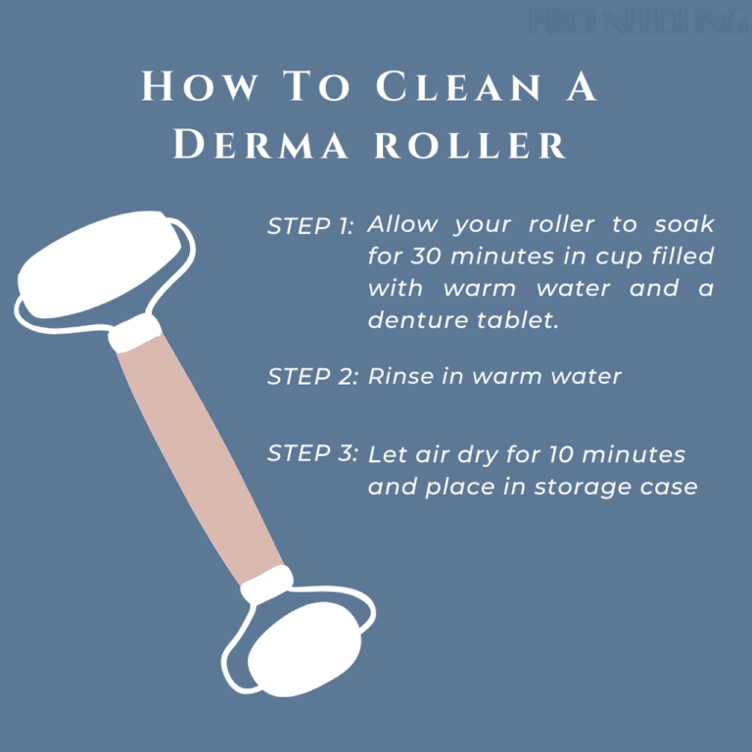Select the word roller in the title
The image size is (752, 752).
[x=471, y=145]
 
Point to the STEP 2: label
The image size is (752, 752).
[x=312, y=378]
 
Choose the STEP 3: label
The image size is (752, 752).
[x=312, y=454]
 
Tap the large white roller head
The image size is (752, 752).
[x=98, y=268]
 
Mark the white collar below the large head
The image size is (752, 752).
[x=135, y=335]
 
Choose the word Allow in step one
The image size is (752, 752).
[x=402, y=225]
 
